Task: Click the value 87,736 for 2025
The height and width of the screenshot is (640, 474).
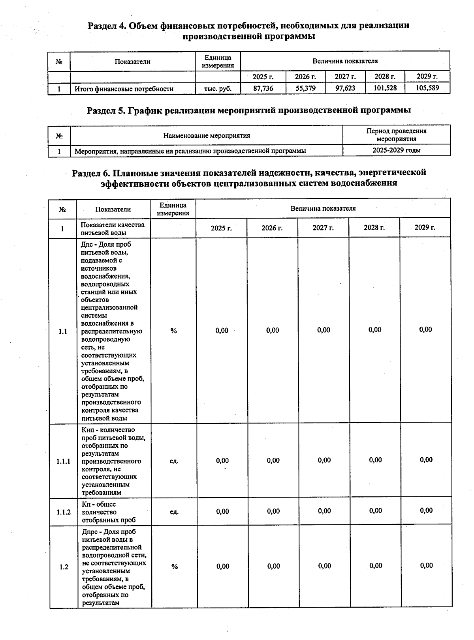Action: pyautogui.click(x=263, y=88)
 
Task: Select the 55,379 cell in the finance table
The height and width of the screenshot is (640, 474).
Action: pyautogui.click(x=306, y=88)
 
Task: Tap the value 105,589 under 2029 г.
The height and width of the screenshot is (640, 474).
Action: pyautogui.click(x=427, y=88)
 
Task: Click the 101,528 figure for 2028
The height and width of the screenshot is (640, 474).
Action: pyautogui.click(x=385, y=88)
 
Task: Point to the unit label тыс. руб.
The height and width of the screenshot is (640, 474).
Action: pyautogui.click(x=218, y=89)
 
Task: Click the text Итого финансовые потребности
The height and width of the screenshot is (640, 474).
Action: pyautogui.click(x=124, y=89)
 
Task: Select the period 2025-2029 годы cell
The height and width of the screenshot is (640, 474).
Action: pyautogui.click(x=396, y=150)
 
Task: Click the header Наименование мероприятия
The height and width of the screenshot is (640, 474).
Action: pyautogui.click(x=207, y=136)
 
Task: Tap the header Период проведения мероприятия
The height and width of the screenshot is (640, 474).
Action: pyautogui.click(x=396, y=135)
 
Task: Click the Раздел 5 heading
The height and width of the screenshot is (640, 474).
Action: pyautogui.click(x=248, y=110)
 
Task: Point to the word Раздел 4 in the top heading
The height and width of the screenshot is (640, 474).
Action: pyautogui.click(x=106, y=26)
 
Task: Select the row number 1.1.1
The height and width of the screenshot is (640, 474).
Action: pyautogui.click(x=63, y=461)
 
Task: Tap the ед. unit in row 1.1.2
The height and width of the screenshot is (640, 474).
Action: pyautogui.click(x=174, y=512)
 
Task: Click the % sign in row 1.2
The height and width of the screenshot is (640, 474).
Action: pyautogui.click(x=174, y=567)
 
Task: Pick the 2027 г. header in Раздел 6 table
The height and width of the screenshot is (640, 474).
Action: pyautogui.click(x=323, y=228)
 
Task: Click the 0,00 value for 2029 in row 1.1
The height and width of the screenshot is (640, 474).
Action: pyautogui.click(x=425, y=329)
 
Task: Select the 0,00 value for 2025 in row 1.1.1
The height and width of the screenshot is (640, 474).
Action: pyautogui.click(x=222, y=460)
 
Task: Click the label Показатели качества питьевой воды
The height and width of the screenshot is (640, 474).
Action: pyautogui.click(x=113, y=228)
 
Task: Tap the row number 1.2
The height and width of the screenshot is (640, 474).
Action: pyautogui.click(x=64, y=567)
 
